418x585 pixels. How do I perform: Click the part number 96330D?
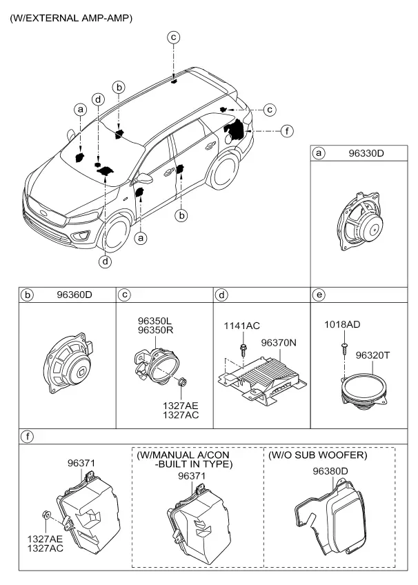pos(366,153)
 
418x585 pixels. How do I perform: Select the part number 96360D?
pos(74,295)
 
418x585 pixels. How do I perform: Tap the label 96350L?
pos(155,321)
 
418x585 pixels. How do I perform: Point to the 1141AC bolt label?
pos(241,326)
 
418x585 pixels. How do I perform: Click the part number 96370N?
pos(279,342)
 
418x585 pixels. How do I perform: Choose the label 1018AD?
pos(342,325)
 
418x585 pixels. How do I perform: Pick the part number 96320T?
pos(372,355)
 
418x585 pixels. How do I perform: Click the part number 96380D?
pos(330,471)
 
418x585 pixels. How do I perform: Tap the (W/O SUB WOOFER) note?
pos(318,455)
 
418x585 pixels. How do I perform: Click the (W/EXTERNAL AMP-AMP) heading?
pos(71,18)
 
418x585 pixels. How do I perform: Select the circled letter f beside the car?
pos(287,131)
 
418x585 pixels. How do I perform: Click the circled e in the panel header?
pos(319,295)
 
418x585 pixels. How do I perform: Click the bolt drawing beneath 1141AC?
pos(243,348)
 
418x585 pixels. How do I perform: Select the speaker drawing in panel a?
pos(360,223)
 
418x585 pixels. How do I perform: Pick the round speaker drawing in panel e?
pos(364,392)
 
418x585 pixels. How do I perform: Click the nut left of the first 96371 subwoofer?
pos(46,515)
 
